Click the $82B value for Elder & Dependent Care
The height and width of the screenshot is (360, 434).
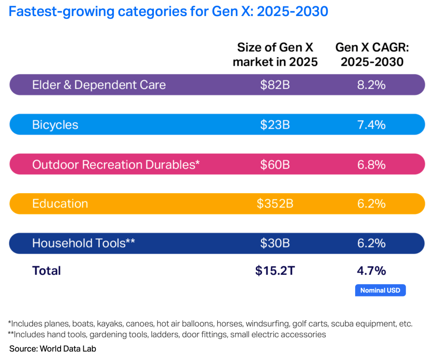(x=275, y=85)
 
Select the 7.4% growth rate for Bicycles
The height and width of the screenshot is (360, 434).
(x=371, y=125)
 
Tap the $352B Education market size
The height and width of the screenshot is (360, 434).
(x=275, y=204)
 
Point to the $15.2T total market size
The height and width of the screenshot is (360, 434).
(x=275, y=271)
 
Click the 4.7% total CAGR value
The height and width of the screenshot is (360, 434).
(x=371, y=271)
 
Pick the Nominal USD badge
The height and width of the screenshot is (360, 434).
(x=380, y=291)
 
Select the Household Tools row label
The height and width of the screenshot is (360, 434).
(x=83, y=243)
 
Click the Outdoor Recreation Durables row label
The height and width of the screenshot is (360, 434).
(x=116, y=164)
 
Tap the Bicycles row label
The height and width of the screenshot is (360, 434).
(x=55, y=125)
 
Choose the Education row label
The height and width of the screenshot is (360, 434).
(x=60, y=204)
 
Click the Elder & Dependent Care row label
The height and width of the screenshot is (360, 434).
(x=99, y=85)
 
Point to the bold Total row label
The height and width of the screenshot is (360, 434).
(x=47, y=271)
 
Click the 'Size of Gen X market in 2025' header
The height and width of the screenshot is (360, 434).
(x=275, y=54)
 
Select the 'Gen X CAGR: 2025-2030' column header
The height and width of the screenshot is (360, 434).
(x=372, y=54)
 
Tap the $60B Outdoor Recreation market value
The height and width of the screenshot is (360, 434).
(x=275, y=164)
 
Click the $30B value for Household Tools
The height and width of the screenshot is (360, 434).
(x=275, y=243)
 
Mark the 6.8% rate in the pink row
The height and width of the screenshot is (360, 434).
(x=371, y=164)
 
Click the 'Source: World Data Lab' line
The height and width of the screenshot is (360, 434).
(x=56, y=349)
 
